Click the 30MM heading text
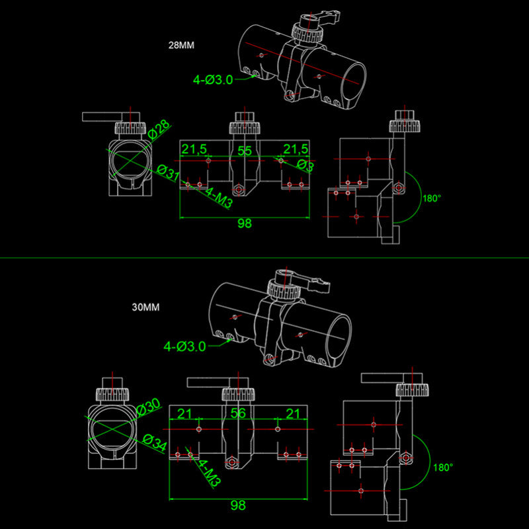coord(146,307)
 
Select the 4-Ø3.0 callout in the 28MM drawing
coord(213,80)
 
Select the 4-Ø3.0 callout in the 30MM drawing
coord(184,346)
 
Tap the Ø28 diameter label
coord(159,130)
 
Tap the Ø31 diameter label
coord(169,173)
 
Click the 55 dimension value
coord(245,151)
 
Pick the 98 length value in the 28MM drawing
coord(245,224)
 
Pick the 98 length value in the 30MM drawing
coord(237,505)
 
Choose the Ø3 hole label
coord(305,165)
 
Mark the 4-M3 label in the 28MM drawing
coord(219,199)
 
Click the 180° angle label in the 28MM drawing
coord(431,198)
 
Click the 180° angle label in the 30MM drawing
coord(443,468)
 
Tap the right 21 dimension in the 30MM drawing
coord(291,414)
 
